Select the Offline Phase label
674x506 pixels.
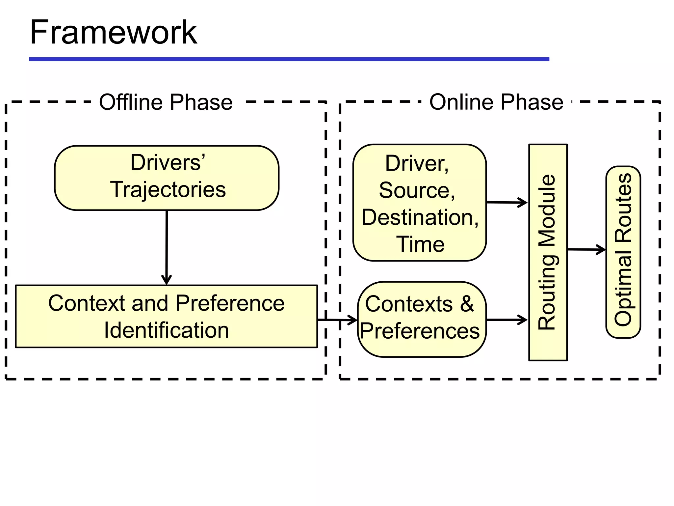[x=166, y=102]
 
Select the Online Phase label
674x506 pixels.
[x=496, y=102]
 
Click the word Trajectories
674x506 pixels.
[x=168, y=190]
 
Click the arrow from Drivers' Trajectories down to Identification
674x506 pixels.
[x=167, y=247]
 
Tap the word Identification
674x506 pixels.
[x=166, y=330]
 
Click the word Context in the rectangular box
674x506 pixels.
[x=86, y=303]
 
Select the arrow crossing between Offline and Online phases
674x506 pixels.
[x=337, y=320]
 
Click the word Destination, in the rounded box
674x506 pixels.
[x=420, y=217]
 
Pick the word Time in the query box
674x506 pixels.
[x=420, y=244]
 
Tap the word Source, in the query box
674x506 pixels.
[x=417, y=190]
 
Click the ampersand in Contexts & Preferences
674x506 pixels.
[x=467, y=303]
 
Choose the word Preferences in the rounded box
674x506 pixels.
[x=420, y=331]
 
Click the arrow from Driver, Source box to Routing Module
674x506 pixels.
[x=507, y=202]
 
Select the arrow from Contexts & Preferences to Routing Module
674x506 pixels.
[x=507, y=320]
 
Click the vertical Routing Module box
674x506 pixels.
[x=548, y=252]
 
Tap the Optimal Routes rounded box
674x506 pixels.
[x=623, y=252]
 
